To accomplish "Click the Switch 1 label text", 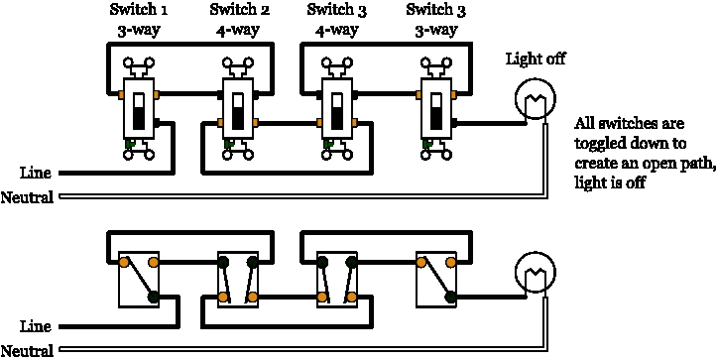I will point(136,11).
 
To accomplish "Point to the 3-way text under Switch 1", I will point(136,30).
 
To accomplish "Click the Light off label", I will point(536,59).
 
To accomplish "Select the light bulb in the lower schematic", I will point(536,273).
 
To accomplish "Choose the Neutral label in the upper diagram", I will point(28,197).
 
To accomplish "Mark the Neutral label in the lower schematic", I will point(28,350).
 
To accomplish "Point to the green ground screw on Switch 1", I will point(129,144).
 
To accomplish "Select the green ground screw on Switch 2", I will point(229,144).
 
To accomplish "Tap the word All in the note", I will point(585,125).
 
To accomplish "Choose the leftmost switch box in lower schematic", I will point(138,280).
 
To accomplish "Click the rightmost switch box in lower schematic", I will point(436,280).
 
